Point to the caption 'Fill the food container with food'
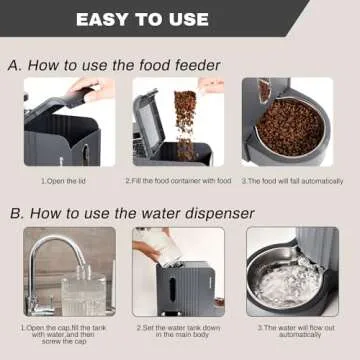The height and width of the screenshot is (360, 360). point(180,181)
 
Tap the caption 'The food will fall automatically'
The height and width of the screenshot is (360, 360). point(295,181)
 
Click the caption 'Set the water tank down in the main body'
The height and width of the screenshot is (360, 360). point(180,332)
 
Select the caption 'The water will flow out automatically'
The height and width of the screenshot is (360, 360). point(296,332)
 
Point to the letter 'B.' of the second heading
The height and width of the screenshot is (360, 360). point(18,212)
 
